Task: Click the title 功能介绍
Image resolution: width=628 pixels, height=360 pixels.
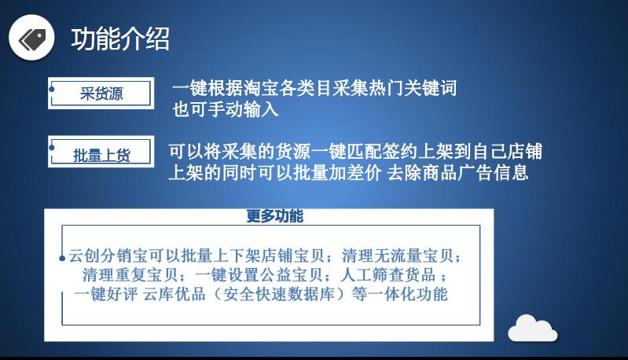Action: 120,38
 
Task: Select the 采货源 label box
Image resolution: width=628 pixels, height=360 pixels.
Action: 101,94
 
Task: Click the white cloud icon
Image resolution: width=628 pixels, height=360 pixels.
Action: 532,328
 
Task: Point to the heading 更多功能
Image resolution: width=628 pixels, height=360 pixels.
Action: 274,216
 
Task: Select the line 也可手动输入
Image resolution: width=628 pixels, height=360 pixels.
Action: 226,109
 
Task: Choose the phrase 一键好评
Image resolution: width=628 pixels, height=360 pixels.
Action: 101,295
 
